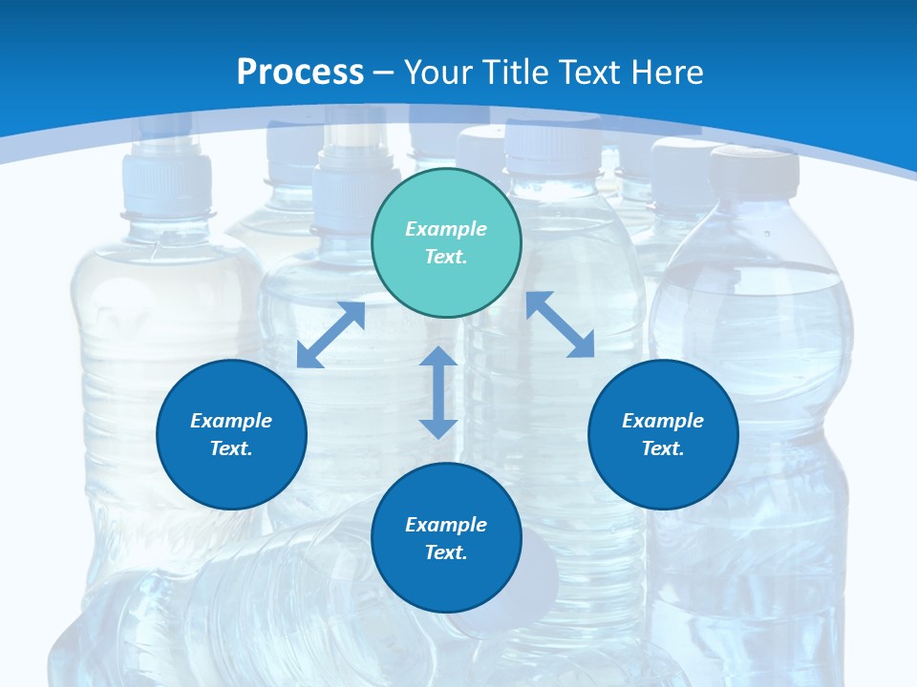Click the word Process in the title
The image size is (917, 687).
300,72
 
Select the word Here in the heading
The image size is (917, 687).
669,72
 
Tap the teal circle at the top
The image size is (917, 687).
446,243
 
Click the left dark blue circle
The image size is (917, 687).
231,434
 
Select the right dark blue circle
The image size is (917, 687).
663,434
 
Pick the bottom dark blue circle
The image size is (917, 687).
446,538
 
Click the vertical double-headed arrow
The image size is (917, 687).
437,392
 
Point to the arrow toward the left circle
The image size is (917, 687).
331,335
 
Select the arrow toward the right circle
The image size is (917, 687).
561,324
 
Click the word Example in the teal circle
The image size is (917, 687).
446,229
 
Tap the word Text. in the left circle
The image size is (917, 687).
231,448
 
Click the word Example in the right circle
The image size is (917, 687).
663,421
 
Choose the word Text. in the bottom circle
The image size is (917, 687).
446,552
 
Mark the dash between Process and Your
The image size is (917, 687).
384,73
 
